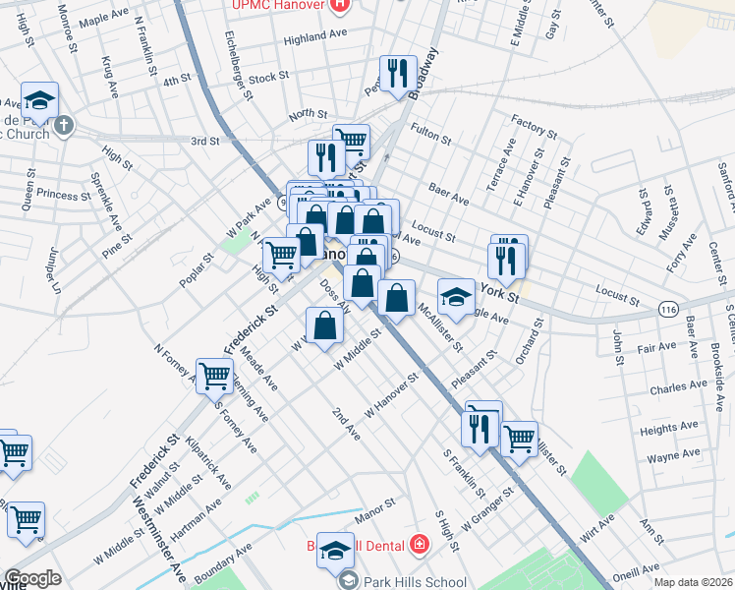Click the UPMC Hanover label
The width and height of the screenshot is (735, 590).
point(277,5)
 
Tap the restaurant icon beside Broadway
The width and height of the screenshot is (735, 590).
point(397,73)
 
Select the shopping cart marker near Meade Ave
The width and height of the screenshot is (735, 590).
point(214,374)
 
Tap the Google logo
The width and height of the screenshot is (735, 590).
point(32,578)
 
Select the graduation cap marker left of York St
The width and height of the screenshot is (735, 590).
point(456,296)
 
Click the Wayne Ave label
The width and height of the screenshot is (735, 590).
point(673,456)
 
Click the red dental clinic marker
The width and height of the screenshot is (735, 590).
point(420,543)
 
